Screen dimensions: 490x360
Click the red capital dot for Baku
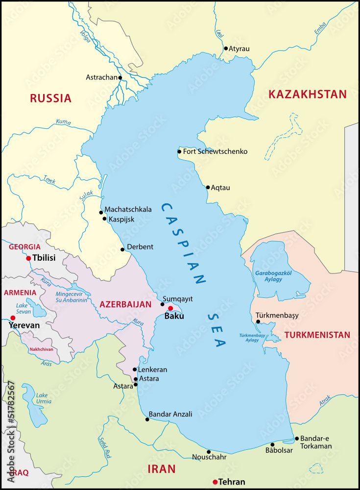tap(170, 308)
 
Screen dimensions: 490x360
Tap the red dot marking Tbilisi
tap(28, 258)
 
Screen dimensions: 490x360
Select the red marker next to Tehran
tap(215, 482)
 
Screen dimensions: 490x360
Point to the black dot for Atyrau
tap(226, 48)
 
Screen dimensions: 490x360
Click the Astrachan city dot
tap(120, 77)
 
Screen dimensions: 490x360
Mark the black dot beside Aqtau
tap(208, 187)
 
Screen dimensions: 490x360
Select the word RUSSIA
tap(50, 98)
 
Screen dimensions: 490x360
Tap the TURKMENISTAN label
tap(317, 335)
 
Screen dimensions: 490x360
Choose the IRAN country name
tap(161, 469)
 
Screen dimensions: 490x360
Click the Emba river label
tap(320, 29)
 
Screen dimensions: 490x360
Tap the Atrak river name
tap(325, 401)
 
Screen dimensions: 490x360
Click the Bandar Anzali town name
tap(170, 414)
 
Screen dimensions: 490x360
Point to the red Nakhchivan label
tap(42, 349)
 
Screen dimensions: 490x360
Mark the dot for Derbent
tap(122, 249)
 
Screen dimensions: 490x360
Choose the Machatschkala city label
tap(128, 209)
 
